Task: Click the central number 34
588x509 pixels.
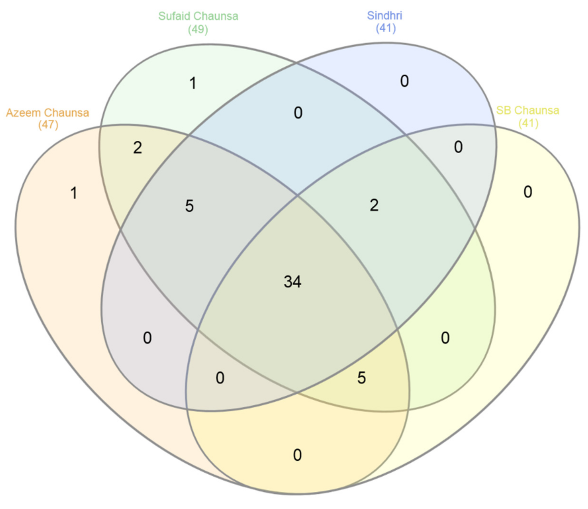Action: click(x=292, y=282)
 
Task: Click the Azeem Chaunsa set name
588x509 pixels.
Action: click(x=47, y=113)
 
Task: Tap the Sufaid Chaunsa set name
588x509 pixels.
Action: click(x=198, y=16)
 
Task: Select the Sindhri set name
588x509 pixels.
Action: click(x=384, y=15)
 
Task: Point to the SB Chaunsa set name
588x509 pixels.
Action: click(x=527, y=110)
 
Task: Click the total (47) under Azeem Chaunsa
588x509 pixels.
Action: click(x=48, y=125)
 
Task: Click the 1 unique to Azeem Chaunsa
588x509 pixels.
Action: click(x=74, y=193)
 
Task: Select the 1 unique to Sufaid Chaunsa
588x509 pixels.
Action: click(x=193, y=84)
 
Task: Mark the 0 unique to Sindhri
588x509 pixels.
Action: click(x=404, y=81)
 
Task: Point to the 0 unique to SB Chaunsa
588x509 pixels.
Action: click(x=528, y=192)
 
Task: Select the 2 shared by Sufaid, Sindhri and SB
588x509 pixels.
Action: click(x=374, y=205)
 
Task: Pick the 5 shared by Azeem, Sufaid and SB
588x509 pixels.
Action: click(x=361, y=378)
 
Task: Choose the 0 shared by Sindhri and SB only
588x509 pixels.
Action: click(x=458, y=147)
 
